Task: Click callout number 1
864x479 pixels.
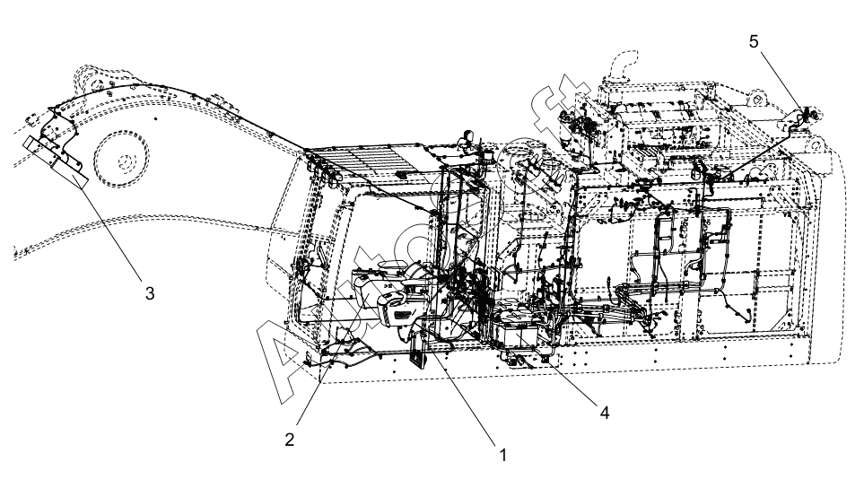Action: coord(503,454)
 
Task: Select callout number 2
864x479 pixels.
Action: coord(289,440)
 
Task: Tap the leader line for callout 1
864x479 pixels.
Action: coord(466,400)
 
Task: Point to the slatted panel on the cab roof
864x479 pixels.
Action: coord(368,167)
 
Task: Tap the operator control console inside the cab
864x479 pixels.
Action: coord(386,296)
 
